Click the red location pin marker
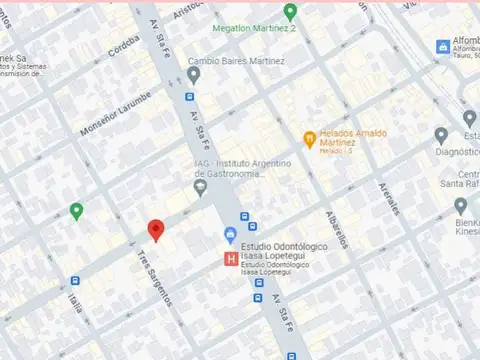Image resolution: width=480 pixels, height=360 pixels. pyautogui.click(x=155, y=230)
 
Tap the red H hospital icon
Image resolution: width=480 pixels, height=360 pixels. pyautogui.click(x=232, y=259)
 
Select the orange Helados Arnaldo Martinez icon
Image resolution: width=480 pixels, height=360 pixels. pyautogui.click(x=310, y=137)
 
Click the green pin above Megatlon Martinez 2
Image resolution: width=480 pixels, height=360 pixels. pyautogui.click(x=290, y=12)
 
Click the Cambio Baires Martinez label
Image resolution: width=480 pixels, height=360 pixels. pyautogui.click(x=236, y=61)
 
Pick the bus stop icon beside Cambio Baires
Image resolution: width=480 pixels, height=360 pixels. pyautogui.click(x=189, y=97)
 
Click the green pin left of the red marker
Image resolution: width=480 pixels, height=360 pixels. pyautogui.click(x=76, y=210)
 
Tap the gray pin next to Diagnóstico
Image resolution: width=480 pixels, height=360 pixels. pyautogui.click(x=441, y=136)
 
